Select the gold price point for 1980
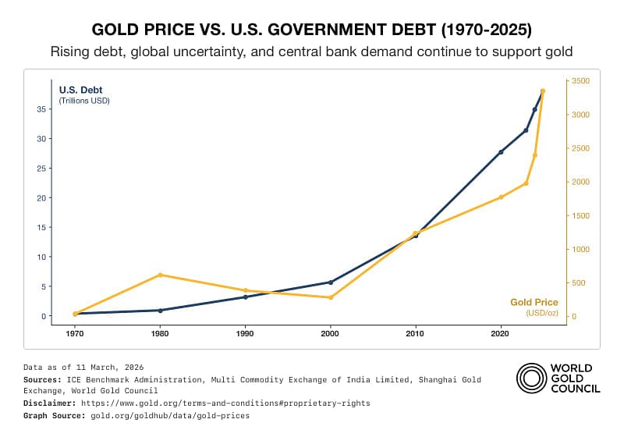(x=160, y=275)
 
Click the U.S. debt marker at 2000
(x=331, y=282)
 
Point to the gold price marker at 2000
(x=331, y=297)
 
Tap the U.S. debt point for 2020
(x=501, y=151)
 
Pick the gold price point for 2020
(x=501, y=197)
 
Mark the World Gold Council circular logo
(x=531, y=378)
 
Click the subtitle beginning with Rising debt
(x=312, y=52)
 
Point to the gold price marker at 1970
(x=75, y=314)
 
